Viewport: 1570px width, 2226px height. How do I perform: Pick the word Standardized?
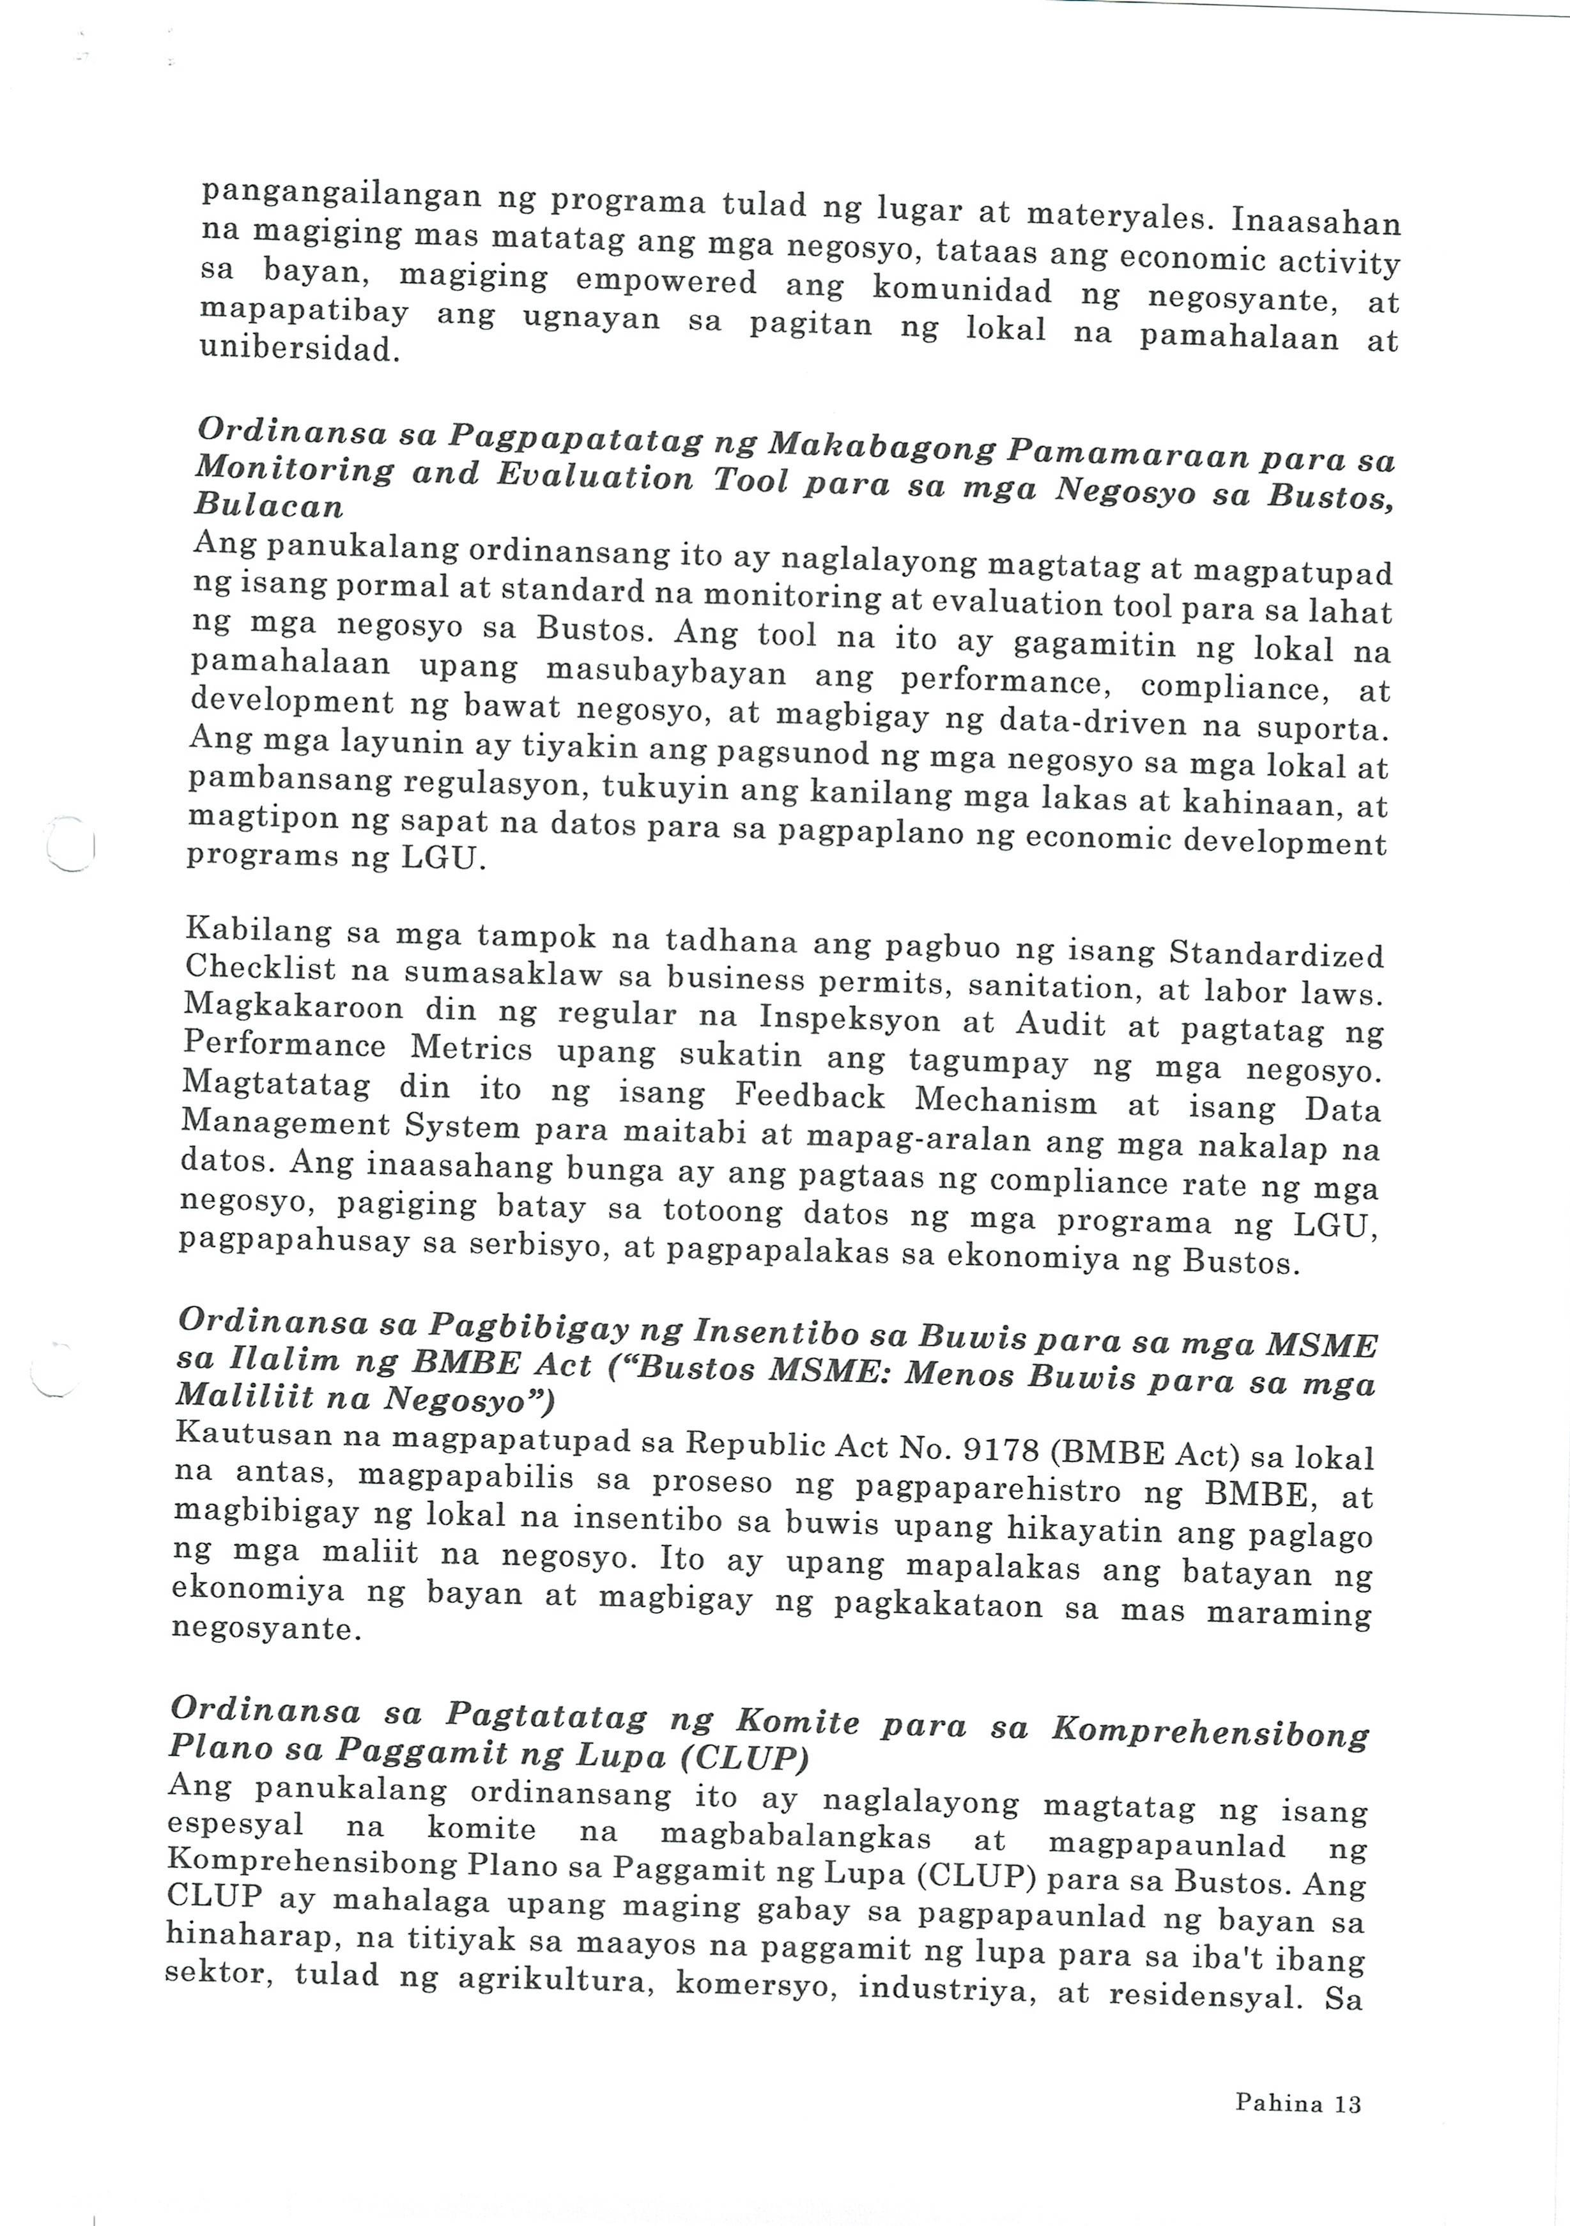(1276, 954)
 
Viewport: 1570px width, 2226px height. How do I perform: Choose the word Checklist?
(260, 967)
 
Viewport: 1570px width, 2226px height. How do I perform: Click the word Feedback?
(810, 1096)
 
